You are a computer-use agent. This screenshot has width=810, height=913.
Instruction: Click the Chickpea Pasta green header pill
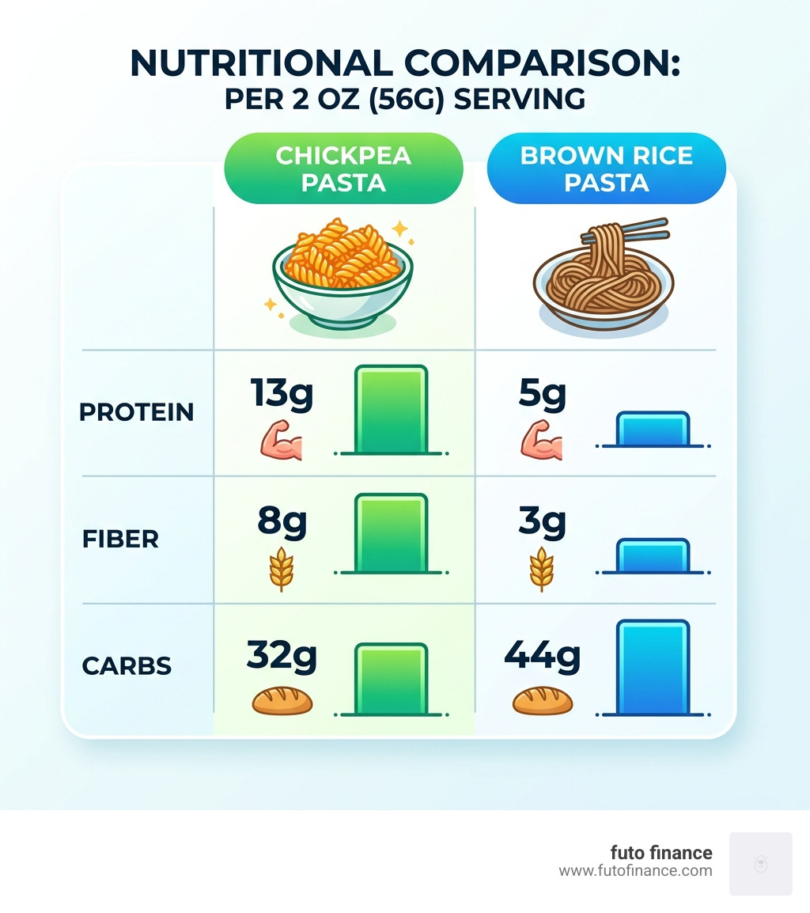tap(343, 169)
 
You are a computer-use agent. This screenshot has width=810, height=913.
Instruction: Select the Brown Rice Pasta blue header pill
tap(606, 169)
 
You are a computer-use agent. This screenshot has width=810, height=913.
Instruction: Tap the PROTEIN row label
tap(137, 412)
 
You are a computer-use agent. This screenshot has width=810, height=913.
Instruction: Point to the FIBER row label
tap(120, 540)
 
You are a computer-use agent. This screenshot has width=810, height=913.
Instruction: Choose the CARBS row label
tap(127, 666)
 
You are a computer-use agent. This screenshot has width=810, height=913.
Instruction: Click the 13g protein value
tap(282, 392)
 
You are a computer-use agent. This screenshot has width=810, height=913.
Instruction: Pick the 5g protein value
tap(542, 393)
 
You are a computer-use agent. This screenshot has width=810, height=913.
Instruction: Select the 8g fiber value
tap(282, 521)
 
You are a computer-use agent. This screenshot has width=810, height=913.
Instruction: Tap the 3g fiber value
tap(542, 521)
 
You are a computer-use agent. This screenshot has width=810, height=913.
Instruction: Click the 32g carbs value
tap(282, 654)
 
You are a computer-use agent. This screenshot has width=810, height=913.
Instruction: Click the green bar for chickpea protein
tap(392, 410)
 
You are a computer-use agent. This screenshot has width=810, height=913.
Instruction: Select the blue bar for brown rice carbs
tap(652, 667)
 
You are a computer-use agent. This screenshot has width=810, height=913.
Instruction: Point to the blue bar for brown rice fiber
tap(652, 555)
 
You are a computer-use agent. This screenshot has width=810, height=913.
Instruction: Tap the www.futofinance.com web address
tap(635, 871)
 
